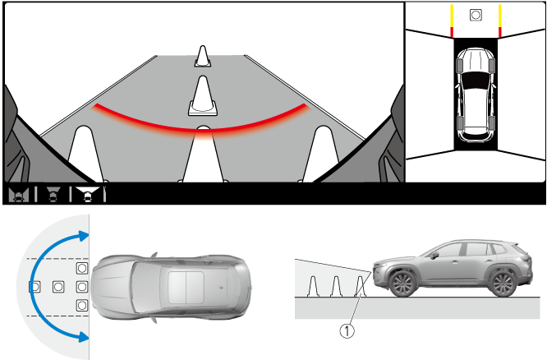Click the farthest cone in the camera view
coord(203,56)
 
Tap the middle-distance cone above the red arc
coord(203,96)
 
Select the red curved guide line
coord(200,125)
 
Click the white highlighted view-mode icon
coord(87,194)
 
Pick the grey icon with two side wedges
coord(19,194)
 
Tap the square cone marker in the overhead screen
coord(476,15)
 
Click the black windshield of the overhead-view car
coord(476,81)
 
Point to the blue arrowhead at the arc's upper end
coord(84,236)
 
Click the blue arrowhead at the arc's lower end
coord(84,337)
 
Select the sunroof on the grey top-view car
coord(186,288)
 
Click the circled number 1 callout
coord(347,331)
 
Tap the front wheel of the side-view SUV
coord(403,284)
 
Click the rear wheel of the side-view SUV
coord(502,284)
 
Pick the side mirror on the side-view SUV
coord(434,256)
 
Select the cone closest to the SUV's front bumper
coord(361,286)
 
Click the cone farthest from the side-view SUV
coord(313,286)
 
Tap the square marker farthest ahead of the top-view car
coord(34,287)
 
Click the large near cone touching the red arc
coord(203,154)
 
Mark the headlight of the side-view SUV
coord(379,265)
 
